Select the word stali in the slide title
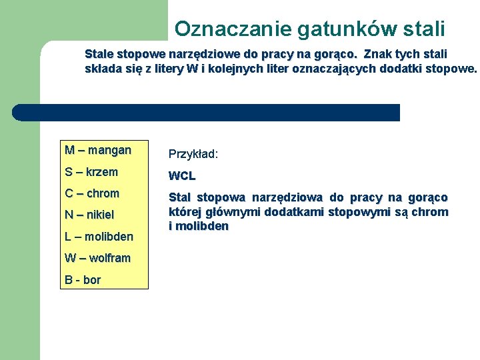pos(424,29)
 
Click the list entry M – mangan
pos(98,150)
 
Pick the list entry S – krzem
pos(91,172)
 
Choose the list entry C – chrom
pos(92,193)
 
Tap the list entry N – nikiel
pos(89,215)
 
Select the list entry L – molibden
pos(99,237)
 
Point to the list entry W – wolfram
pos(97,258)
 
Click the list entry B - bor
pos(83,280)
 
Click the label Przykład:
pos(193,154)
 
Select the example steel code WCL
pos(182,176)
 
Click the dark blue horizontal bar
pos(207,112)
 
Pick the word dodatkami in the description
pos(293,212)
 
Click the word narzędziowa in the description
pos(288,197)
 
